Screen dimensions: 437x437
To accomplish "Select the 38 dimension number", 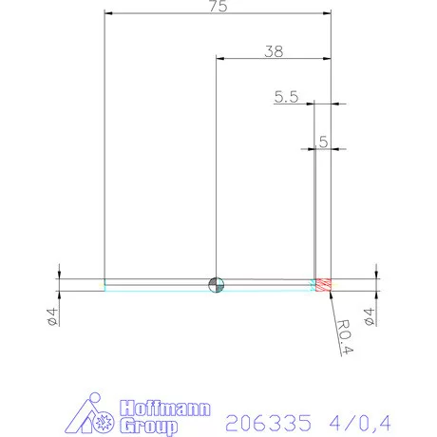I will point(274,52).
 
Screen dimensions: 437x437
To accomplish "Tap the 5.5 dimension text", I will point(286,96).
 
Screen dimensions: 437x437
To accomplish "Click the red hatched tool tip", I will point(324,284).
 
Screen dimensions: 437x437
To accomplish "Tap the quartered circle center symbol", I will point(217,283).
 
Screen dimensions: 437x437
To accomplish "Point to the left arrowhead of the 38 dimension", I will point(221,59).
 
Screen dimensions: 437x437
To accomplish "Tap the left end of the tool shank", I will point(105,284).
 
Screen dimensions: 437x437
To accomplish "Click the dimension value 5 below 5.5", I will point(323,142).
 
